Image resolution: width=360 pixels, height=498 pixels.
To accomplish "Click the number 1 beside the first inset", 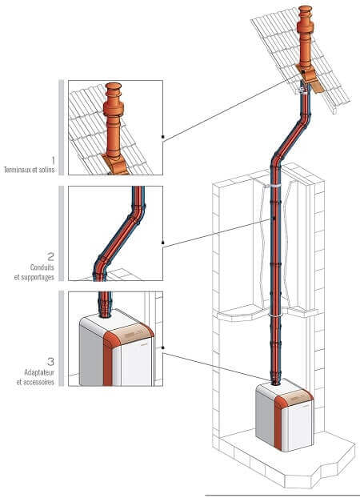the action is click(x=53, y=160).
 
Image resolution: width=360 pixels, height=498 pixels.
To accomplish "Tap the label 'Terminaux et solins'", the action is click(x=30, y=170).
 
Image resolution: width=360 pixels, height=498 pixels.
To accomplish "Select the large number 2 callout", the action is click(x=50, y=256).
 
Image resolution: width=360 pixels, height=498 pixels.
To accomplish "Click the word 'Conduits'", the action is click(x=42, y=267).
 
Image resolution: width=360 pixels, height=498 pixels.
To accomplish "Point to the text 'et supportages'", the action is click(x=34, y=277).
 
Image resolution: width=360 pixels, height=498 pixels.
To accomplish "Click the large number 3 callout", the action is click(x=50, y=361).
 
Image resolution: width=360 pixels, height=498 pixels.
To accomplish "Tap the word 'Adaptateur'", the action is click(x=39, y=372).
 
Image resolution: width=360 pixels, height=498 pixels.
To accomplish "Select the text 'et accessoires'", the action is click(x=35, y=382).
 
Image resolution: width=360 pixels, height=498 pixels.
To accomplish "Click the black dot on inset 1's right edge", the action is click(x=163, y=137).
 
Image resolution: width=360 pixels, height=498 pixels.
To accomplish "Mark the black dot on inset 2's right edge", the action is click(x=163, y=243).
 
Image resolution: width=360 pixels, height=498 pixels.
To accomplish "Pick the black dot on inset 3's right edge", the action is click(x=163, y=347).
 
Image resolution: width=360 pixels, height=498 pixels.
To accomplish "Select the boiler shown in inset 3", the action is click(x=116, y=347).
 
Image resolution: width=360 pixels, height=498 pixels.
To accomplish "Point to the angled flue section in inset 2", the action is click(x=119, y=235).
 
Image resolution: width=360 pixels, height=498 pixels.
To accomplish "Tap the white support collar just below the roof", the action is click(x=302, y=91).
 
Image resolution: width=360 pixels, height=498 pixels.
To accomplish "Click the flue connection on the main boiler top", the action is click(x=275, y=381).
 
